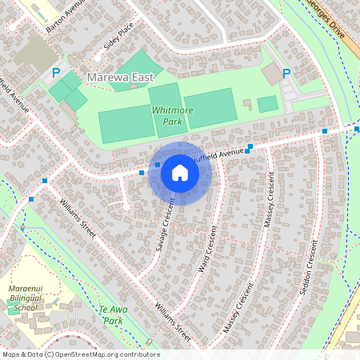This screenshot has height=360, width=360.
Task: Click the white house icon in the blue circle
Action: click(180, 172)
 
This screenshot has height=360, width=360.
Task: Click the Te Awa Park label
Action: click(114, 314)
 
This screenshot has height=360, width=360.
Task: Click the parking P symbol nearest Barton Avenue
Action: click(56, 73)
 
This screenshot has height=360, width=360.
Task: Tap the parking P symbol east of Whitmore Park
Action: click(286, 73)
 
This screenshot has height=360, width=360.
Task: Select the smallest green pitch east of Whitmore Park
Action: click(267, 103)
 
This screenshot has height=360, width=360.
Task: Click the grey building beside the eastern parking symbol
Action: click(272, 74)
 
